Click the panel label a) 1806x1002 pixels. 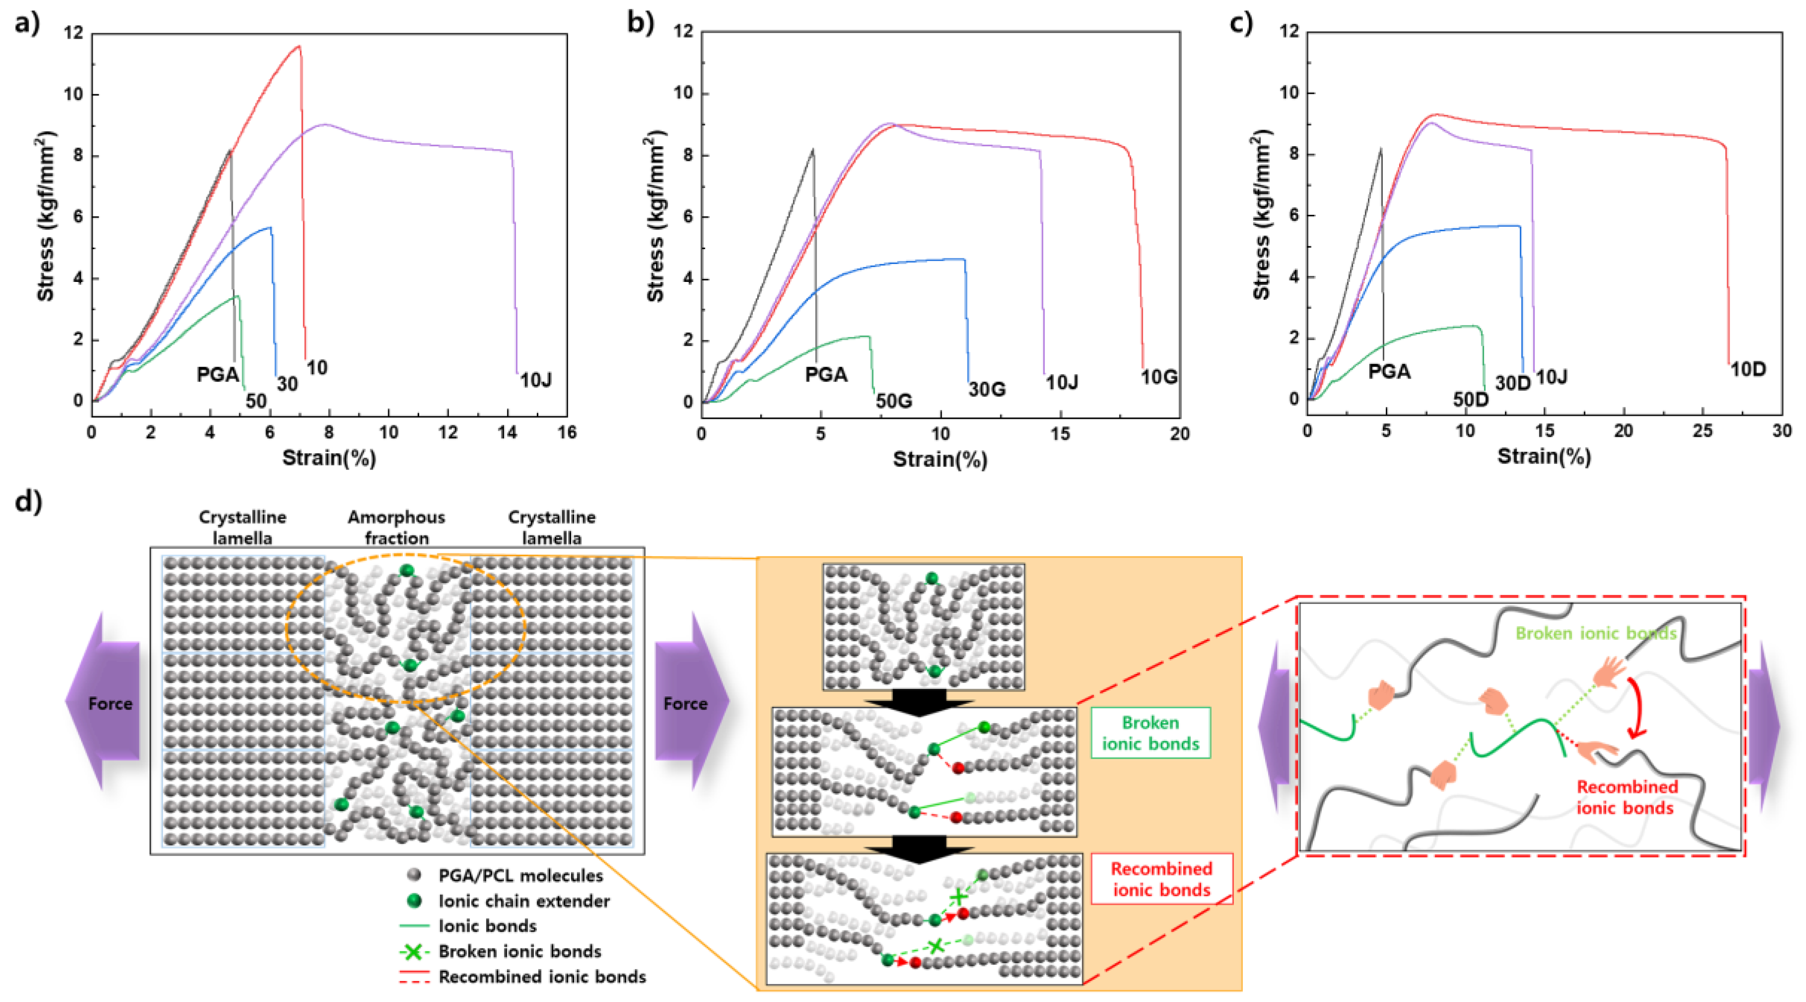(27, 23)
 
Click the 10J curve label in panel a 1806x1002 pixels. (536, 380)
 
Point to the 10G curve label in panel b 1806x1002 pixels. (1159, 377)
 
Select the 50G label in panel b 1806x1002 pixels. (894, 401)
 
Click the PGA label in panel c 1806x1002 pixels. (1389, 371)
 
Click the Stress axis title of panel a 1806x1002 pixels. (46, 217)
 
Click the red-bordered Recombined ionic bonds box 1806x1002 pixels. (1161, 878)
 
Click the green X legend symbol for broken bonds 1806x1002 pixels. (414, 951)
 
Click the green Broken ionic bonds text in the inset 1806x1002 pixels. (1596, 633)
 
